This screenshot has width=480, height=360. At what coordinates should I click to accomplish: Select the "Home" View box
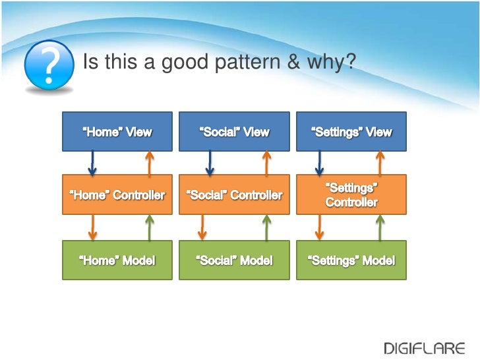click(117, 131)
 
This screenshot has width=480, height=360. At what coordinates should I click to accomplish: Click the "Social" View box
click(234, 131)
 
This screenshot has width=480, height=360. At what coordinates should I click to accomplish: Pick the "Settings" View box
click(351, 131)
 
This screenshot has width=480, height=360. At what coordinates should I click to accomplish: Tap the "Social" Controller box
click(234, 195)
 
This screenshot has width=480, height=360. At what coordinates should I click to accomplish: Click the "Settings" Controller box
click(351, 195)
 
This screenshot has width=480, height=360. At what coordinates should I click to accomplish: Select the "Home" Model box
click(117, 260)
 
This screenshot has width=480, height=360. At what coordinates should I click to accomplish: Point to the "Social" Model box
click(234, 260)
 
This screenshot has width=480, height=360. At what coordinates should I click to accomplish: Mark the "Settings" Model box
click(351, 260)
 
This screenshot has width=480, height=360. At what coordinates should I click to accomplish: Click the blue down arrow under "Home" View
click(92, 163)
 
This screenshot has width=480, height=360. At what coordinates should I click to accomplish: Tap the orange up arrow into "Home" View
click(150, 163)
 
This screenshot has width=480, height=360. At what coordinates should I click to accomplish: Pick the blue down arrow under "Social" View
click(209, 163)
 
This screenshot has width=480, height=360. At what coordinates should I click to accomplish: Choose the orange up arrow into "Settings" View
click(380, 163)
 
